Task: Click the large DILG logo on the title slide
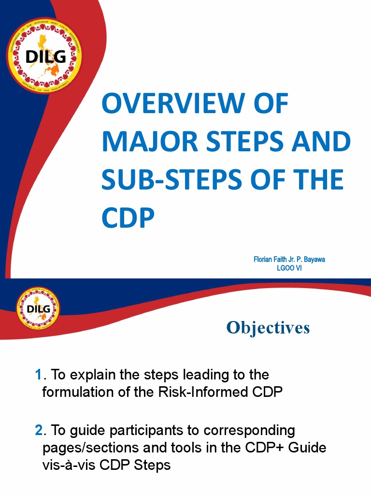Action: point(44,56)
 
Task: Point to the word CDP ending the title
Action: point(128,218)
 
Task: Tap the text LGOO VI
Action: point(288,267)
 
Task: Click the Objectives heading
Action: point(268,327)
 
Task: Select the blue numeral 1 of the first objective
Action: point(39,375)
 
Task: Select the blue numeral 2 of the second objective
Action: point(39,430)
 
